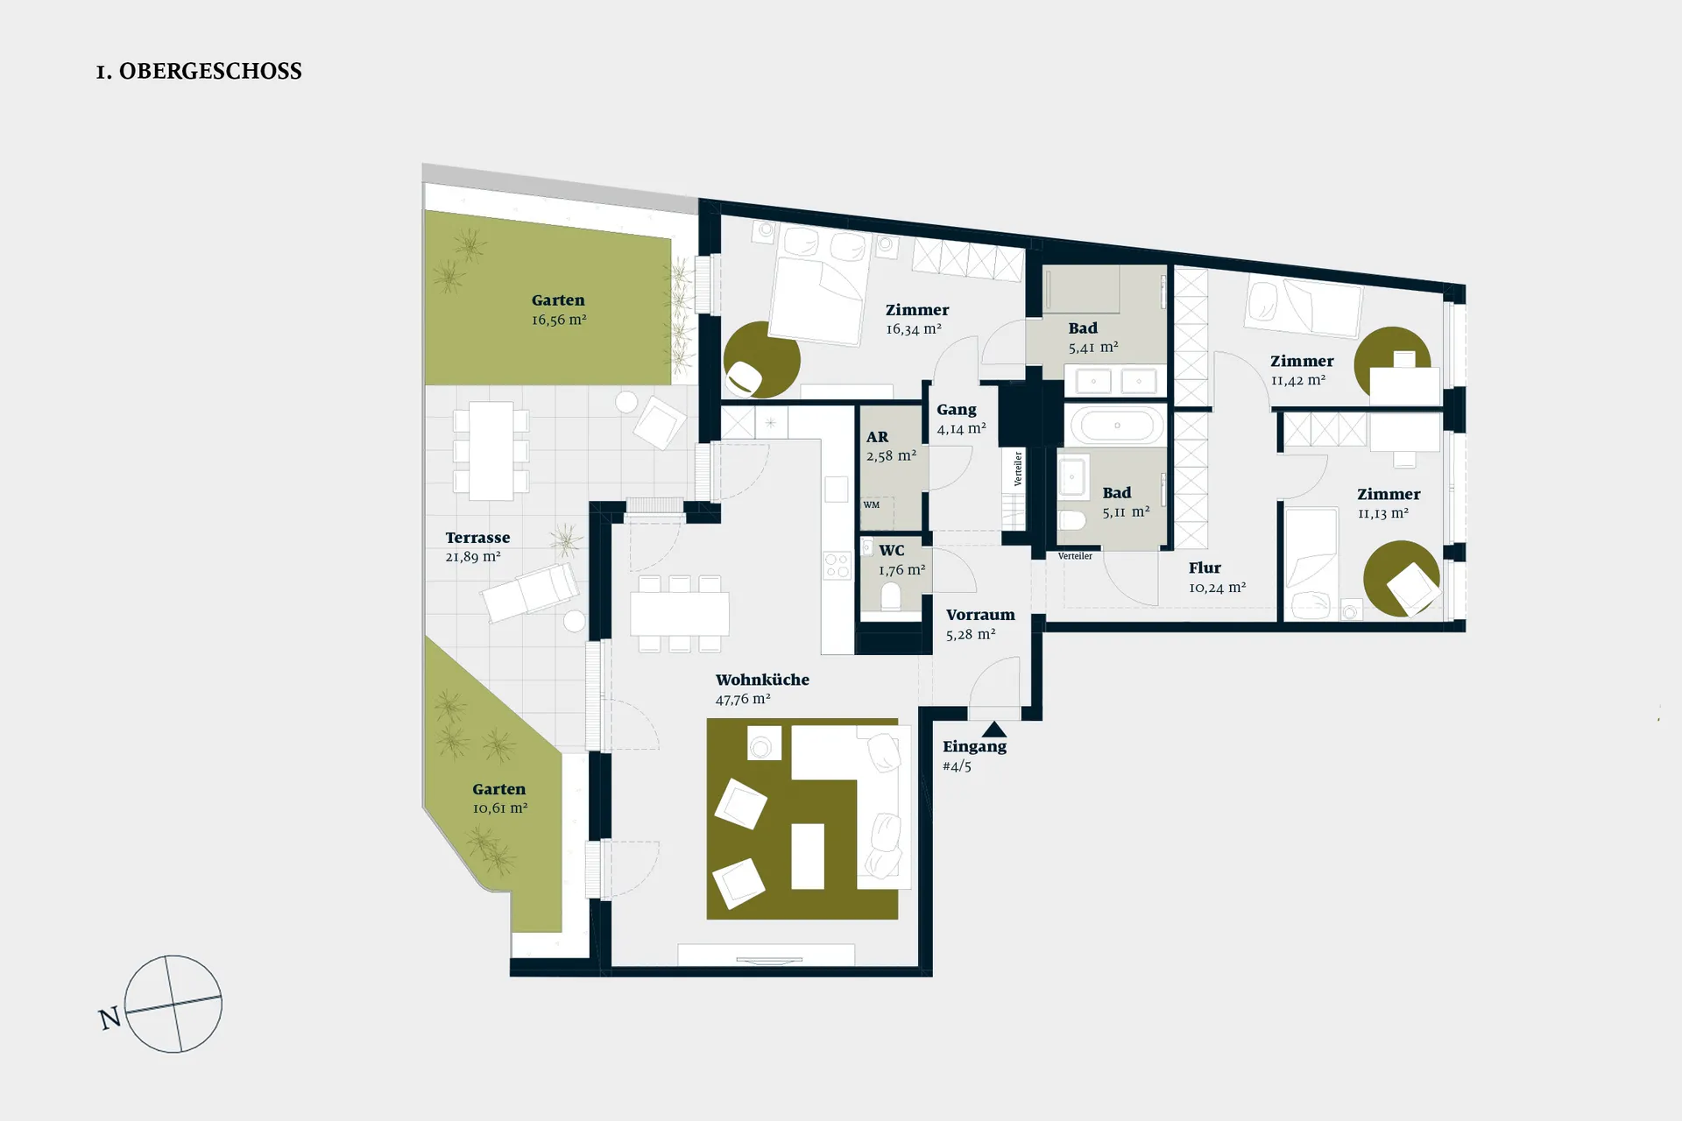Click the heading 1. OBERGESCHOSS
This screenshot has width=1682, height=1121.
coord(199,71)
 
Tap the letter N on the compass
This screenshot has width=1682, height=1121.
coord(110,1019)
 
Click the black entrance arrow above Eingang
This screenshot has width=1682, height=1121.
coord(994,729)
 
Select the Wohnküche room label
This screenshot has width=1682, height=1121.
coord(762,680)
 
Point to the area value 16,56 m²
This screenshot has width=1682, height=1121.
coord(559,320)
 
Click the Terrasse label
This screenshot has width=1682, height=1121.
coord(477,538)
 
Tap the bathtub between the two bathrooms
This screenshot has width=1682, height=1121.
coord(1116,426)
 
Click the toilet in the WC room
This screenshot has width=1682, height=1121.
coord(891,597)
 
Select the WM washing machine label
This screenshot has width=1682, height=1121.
coord(871,504)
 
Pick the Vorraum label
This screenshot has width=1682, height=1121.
coord(980,615)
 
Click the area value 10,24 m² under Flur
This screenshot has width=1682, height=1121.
coord(1218,588)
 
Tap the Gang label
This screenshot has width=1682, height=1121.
coord(957,410)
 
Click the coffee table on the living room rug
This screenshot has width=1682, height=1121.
coord(808,857)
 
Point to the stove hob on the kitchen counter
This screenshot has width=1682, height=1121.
coord(837,565)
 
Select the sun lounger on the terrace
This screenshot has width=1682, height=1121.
coord(530,592)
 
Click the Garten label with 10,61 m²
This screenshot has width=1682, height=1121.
coord(499,789)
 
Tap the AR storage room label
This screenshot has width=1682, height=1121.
coord(877,437)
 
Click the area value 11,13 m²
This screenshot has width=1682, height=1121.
coord(1383,514)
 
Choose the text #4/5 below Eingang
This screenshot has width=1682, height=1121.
coord(957,766)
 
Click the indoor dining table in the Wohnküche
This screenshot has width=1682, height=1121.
coord(680,614)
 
